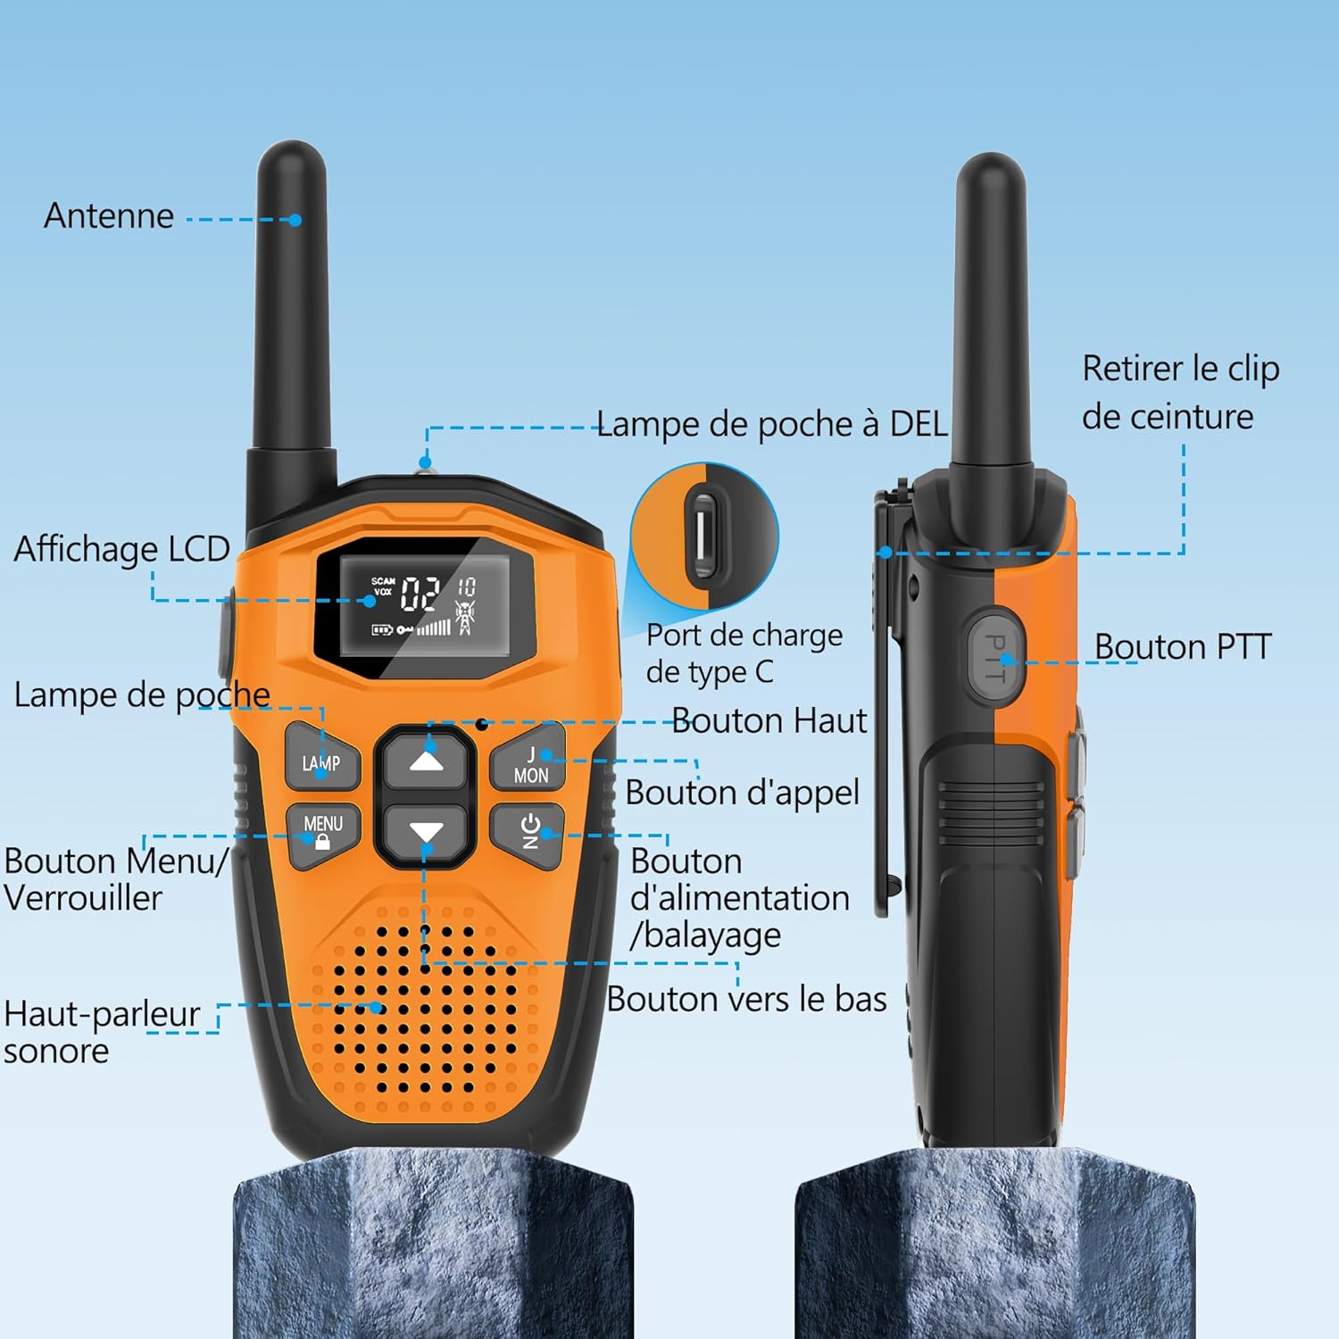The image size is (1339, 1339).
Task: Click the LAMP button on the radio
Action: click(x=322, y=761)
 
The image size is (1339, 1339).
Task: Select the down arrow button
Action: click(x=426, y=833)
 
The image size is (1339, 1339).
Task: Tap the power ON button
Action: click(x=528, y=832)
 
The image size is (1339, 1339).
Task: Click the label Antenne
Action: click(x=109, y=216)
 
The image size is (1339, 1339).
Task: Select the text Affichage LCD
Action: click(x=122, y=549)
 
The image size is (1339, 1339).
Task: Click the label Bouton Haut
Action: click(x=769, y=720)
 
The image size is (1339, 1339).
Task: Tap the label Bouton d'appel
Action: click(x=742, y=793)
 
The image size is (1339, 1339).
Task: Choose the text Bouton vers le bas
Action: click(x=746, y=999)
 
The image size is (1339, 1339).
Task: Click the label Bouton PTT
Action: click(x=1183, y=646)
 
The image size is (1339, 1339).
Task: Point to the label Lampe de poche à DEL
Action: click(x=771, y=424)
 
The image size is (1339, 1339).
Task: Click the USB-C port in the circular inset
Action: click(x=704, y=536)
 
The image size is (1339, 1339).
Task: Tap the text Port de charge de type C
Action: click(x=744, y=653)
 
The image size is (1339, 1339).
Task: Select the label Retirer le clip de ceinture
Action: click(x=1180, y=393)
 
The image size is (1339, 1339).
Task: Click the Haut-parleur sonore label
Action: click(x=101, y=1032)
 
